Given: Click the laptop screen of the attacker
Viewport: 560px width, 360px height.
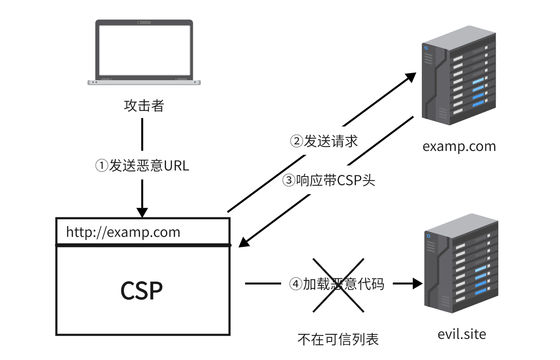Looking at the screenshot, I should [x=144, y=50].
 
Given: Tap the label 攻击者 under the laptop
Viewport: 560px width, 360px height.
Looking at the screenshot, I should [x=144, y=106].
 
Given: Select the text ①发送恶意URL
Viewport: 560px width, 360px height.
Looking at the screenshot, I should [x=142, y=166].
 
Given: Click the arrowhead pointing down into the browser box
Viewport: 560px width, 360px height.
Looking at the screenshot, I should [x=142, y=213].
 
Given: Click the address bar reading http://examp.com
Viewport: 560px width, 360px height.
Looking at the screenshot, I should [x=143, y=232].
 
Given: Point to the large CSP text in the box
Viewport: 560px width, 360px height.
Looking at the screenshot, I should [x=141, y=291].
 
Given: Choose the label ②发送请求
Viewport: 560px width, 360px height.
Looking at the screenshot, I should [x=324, y=141].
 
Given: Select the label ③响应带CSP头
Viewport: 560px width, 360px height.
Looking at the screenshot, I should [x=329, y=181].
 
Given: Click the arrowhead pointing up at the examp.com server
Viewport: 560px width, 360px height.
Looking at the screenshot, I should [x=411, y=77].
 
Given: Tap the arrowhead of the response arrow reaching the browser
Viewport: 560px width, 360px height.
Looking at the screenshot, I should [x=244, y=243].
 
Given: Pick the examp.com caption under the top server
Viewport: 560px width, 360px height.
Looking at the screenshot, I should [x=459, y=146].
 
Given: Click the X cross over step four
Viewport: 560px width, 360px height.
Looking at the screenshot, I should [x=338, y=285].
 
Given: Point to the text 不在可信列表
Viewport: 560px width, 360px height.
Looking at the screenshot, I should [x=338, y=339].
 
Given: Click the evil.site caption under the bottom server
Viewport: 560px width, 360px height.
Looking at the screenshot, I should [x=462, y=334].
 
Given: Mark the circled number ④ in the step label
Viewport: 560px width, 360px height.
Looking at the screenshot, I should [x=295, y=284].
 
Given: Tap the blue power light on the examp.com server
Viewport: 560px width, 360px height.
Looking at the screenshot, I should [x=426, y=48].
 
